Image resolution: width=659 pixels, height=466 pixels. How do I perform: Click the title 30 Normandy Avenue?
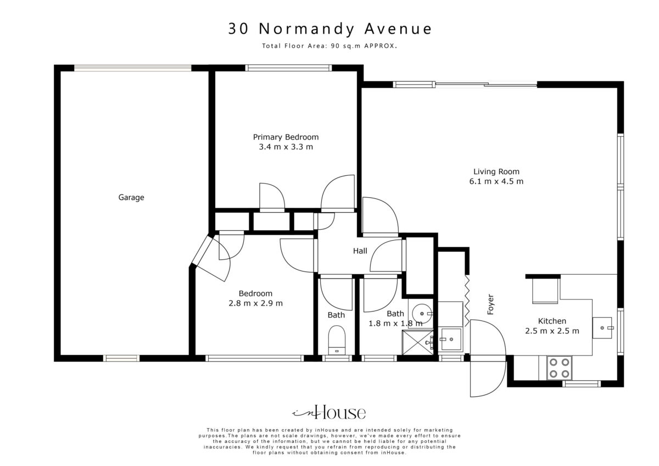pos(330,29)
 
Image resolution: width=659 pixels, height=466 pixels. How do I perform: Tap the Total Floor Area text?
pos(329,46)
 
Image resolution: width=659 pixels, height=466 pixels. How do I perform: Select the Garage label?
pos(131,197)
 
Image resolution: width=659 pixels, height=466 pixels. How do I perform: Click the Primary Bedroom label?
pos(286,137)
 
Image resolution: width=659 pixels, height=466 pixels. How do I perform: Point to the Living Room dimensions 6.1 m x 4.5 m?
pos(496,181)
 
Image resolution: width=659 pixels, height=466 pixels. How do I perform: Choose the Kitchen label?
pos(552,321)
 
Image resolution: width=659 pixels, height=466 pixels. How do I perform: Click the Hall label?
pos(360,251)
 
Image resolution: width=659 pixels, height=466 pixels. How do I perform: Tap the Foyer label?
pos(490,304)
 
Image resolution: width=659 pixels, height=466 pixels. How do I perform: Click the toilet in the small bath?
pos(337,340)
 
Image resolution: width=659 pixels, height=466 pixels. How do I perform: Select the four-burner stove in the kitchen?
pos(559,368)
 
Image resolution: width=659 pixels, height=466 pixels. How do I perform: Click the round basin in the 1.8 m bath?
pos(422,314)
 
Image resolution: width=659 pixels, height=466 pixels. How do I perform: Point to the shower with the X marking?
pos(418,343)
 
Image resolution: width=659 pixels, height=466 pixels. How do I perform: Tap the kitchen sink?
pos(602,328)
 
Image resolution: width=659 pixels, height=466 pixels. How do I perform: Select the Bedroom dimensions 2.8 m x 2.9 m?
pos(255,303)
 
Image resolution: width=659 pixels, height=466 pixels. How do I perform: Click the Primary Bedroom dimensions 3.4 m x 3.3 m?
pos(286,147)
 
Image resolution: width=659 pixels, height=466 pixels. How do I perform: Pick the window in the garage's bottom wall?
pos(121,358)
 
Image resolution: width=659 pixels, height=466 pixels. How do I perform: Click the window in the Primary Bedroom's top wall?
pos(288,68)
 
